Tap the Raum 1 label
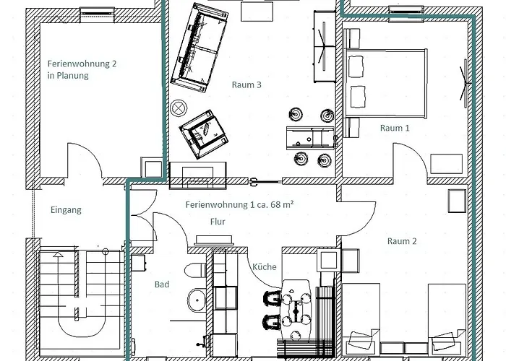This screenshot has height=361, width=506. pos(395,128)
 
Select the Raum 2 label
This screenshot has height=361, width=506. pos(402,241)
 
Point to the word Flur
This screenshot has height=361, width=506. pos(218,222)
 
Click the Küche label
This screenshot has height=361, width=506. pos(264,267)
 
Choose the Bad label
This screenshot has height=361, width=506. pos(162,284)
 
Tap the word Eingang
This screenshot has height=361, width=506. pos(66,211)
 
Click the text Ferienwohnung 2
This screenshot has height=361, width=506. pos(82,64)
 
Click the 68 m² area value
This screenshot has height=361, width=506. pos(278,204)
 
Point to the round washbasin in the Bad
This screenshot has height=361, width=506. pos(193,300)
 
